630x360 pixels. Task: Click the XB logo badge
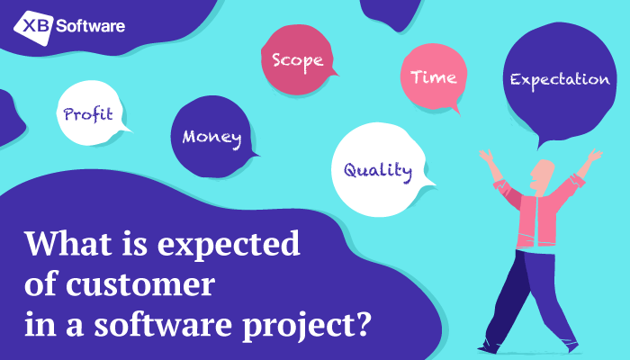coord(34,27)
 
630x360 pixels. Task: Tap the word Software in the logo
coord(90,26)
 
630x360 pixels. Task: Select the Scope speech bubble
coord(298,60)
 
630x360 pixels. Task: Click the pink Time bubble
coord(434,77)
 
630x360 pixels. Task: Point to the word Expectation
coord(560,80)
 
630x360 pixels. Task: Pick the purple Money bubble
coord(213,137)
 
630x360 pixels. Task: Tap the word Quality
coord(378,171)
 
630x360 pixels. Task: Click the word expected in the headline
coord(229,244)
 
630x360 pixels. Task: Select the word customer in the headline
coord(140,284)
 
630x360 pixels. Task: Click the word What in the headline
coord(68,243)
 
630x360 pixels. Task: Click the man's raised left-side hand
coord(486,156)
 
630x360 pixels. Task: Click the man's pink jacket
coord(537,213)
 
